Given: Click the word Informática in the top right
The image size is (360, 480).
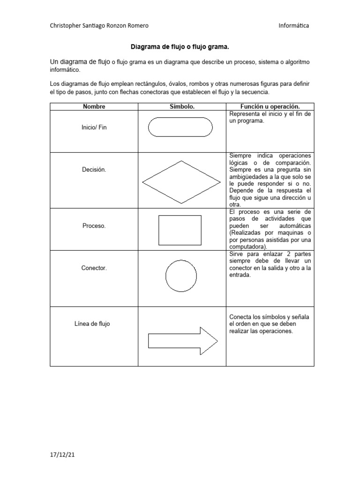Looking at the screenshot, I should point(293,26).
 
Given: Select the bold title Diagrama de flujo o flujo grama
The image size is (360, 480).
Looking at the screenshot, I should point(180,47).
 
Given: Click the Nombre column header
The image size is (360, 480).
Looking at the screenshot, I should point(94,106).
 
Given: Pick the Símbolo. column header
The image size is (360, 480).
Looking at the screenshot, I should point(182,106).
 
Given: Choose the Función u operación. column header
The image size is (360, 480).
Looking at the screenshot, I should point(270,106).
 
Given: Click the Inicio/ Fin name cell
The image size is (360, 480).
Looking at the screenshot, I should point(94,127).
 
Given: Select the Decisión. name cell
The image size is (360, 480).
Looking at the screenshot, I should point(94,170).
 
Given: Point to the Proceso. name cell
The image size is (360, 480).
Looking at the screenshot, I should point(94,225).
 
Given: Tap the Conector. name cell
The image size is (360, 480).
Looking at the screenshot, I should point(94,268).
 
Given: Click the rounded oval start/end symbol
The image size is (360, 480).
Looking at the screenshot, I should point(180,127).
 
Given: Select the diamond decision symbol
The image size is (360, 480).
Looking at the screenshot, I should point(180,181).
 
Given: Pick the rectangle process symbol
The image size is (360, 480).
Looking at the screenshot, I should point(180,230).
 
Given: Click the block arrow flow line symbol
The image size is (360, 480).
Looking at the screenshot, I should point(183,341).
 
